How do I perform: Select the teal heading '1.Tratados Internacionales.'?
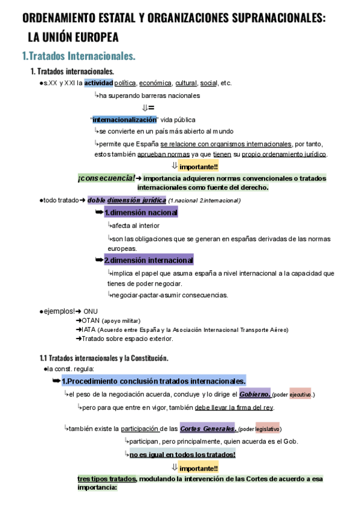tap(79, 56)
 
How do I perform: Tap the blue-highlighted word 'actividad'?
tap(98, 83)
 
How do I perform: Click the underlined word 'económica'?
tap(155, 83)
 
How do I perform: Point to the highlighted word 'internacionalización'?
tap(124, 119)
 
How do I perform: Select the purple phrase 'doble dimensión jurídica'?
tap(126, 200)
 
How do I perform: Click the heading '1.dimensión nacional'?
tap(140, 212)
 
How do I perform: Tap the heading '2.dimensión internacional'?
tap(148, 260)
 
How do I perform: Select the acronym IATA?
tap(89, 330)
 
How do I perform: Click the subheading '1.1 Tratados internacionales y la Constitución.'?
tap(104, 358)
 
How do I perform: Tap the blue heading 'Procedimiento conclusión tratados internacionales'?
tap(155, 381)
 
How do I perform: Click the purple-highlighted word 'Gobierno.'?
tap(255, 394)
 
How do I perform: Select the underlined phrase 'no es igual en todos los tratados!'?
tap(182, 454)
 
